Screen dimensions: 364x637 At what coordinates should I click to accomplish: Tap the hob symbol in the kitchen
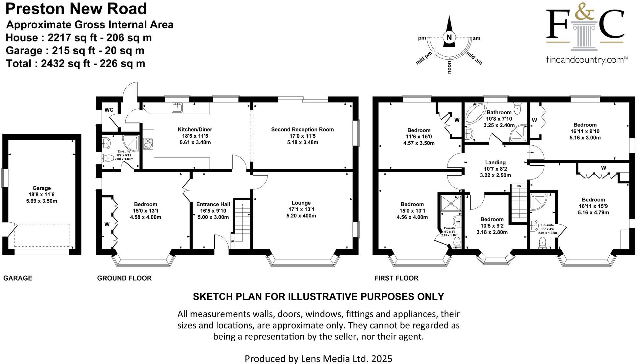[x=148, y=144]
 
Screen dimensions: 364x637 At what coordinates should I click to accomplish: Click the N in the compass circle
[x=449, y=37]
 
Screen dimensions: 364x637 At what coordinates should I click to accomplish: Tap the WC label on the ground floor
[x=109, y=110]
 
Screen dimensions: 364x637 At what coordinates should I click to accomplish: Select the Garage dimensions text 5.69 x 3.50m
[x=41, y=201]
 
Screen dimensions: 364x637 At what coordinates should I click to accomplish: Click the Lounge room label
[x=301, y=203]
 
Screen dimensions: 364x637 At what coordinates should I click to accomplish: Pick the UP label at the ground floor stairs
[x=233, y=241]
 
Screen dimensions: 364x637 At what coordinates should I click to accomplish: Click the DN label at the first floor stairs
[x=519, y=186]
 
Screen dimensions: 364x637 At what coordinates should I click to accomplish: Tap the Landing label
[x=495, y=162]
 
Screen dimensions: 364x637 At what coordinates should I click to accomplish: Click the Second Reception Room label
[x=302, y=129]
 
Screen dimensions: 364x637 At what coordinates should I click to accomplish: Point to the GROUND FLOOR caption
[x=124, y=278]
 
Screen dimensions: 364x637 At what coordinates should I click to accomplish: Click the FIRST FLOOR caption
[x=396, y=278]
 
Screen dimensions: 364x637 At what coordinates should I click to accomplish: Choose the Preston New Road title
[x=76, y=9]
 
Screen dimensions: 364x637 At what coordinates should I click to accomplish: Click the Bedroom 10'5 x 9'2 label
[x=492, y=219]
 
